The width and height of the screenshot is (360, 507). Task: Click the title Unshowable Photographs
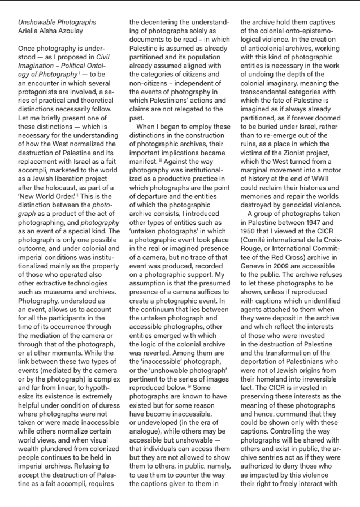[x=57, y=23]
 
